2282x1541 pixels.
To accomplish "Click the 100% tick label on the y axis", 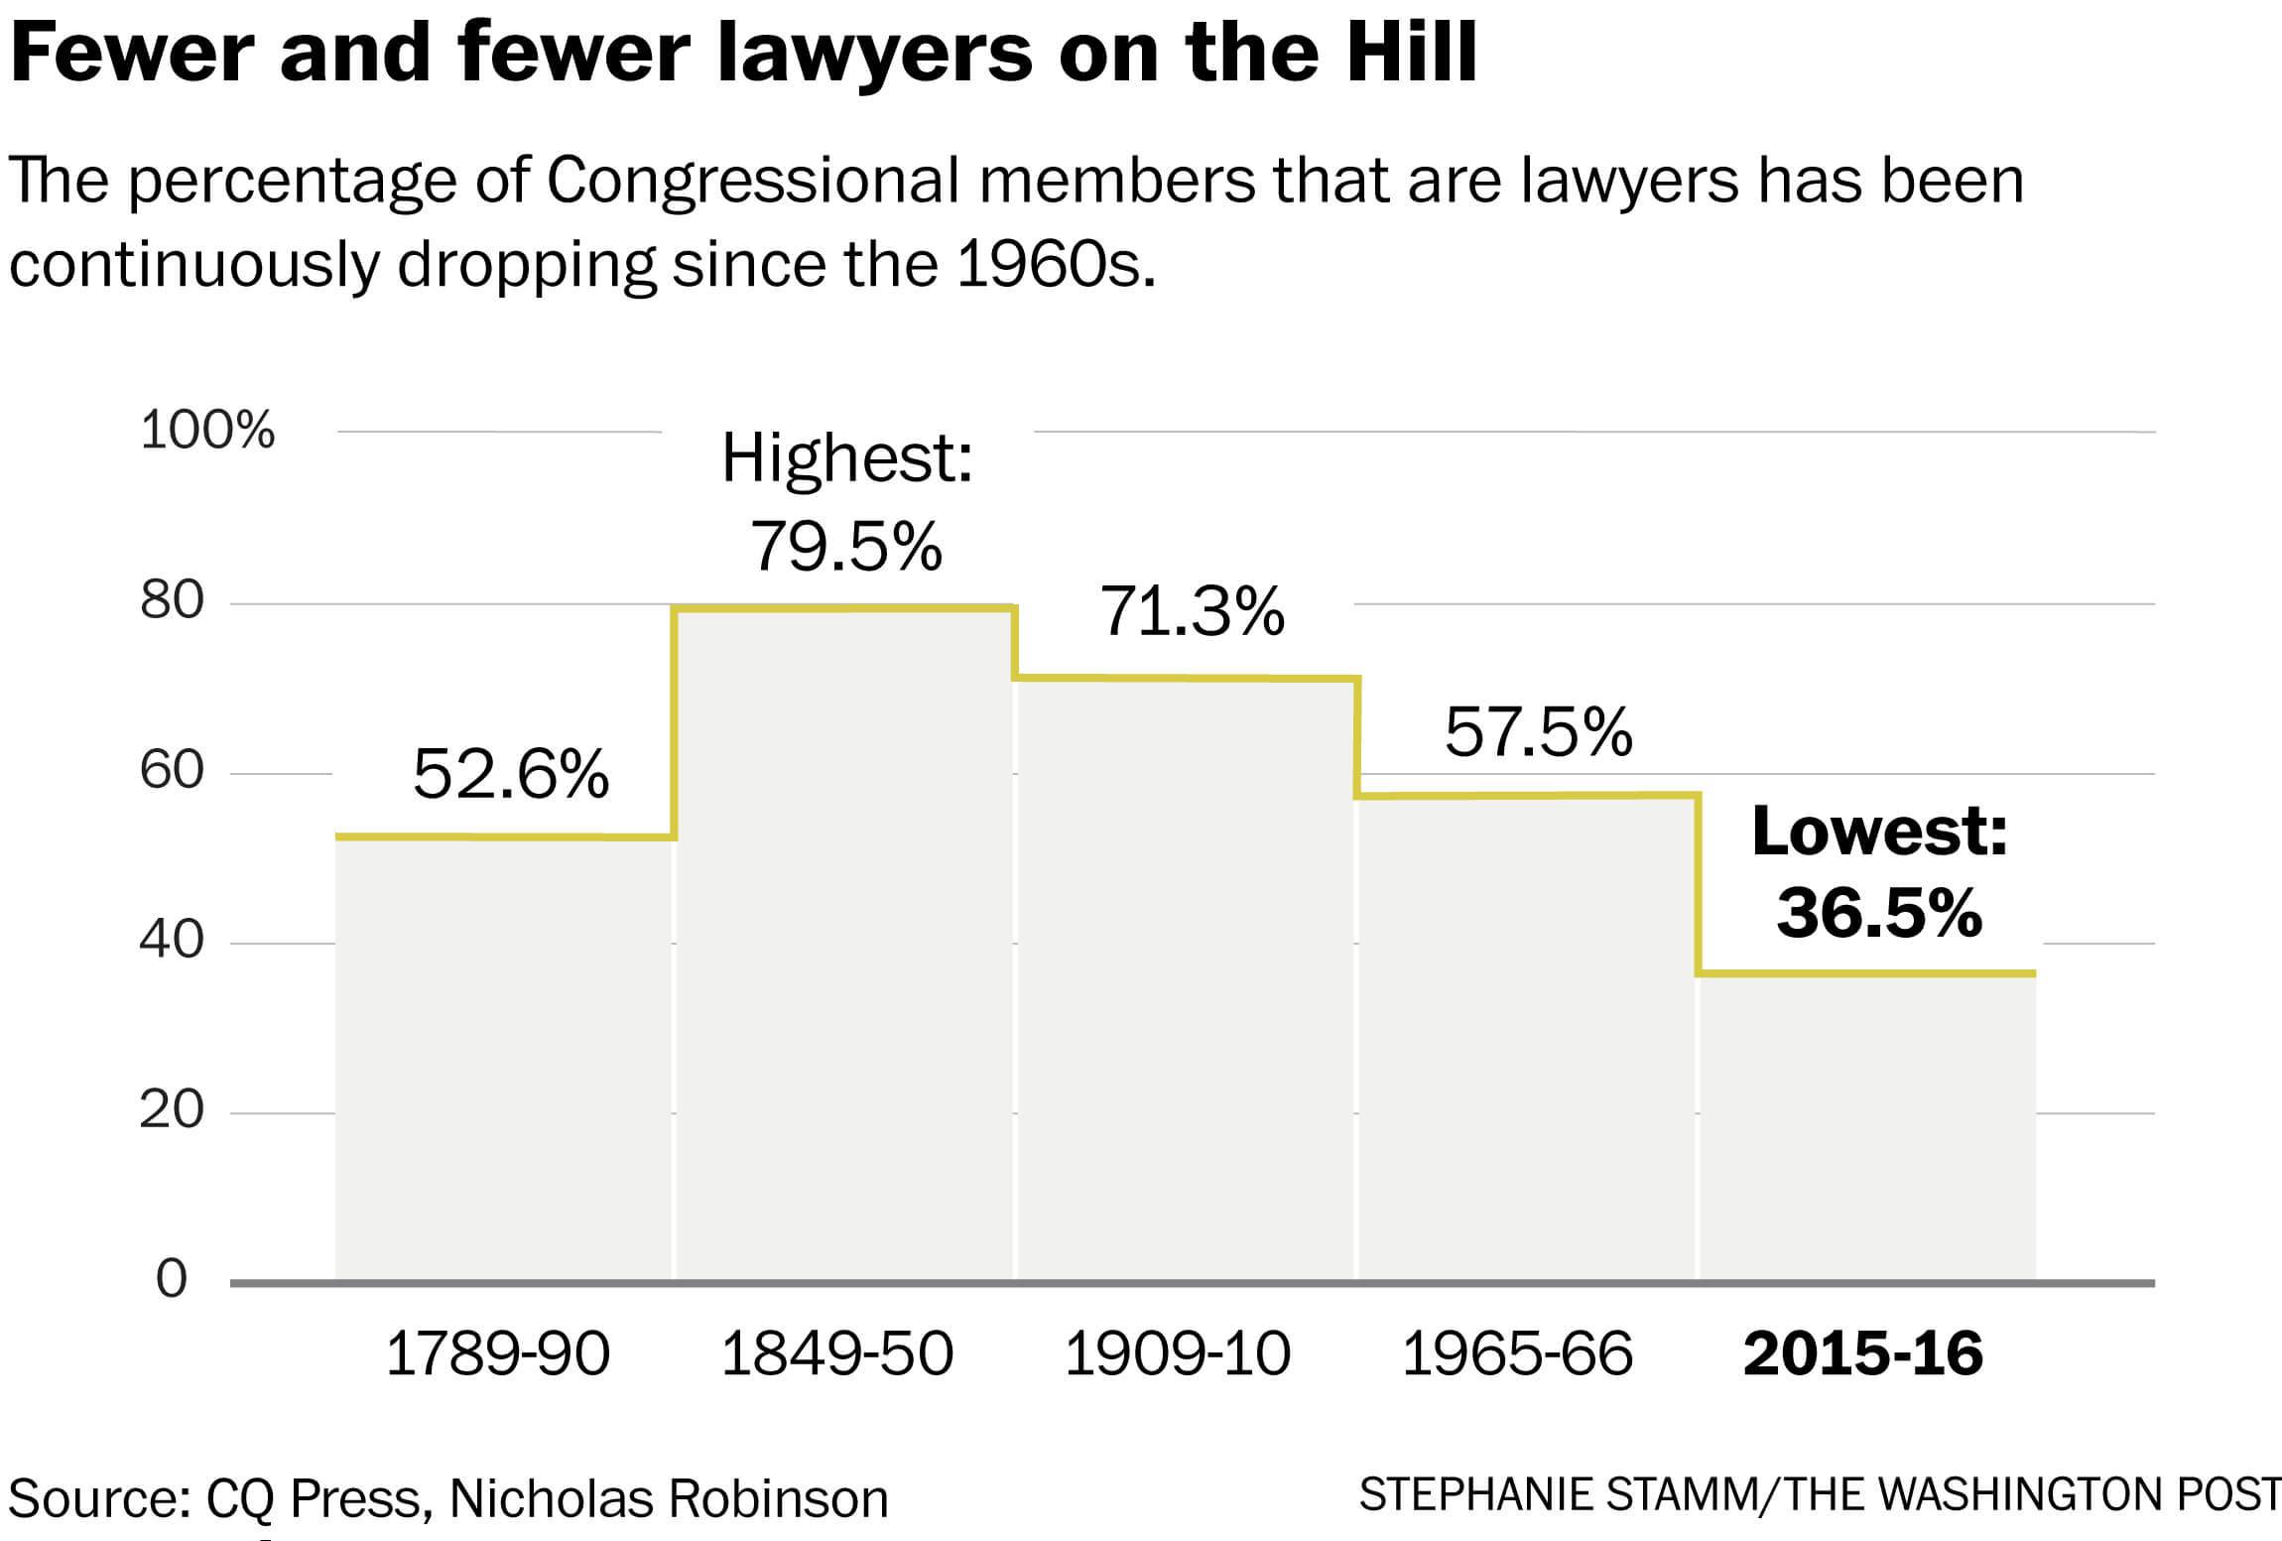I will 207,431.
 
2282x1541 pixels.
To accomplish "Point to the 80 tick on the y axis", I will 172,600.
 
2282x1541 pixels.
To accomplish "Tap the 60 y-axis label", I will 172,771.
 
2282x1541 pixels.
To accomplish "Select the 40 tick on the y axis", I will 172,940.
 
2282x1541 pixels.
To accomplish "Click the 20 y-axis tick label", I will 172,1110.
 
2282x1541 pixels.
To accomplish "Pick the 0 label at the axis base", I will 172,1280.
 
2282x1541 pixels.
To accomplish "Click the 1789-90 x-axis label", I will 497,1353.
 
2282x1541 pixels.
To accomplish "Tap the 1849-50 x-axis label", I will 836,1353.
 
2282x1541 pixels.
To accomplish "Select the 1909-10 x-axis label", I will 1177,1353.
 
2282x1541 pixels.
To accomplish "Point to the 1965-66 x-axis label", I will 1517,1353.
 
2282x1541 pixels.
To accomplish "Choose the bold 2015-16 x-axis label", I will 1862,1353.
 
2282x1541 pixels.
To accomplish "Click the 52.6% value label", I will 510,775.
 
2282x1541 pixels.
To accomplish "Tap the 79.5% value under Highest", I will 845,547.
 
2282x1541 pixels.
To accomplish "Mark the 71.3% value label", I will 1192,611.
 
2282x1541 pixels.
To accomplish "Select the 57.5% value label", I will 1538,732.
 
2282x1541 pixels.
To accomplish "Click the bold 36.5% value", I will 1879,913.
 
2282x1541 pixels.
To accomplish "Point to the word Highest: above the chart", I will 846,458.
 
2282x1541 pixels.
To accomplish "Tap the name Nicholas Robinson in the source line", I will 669,1498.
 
